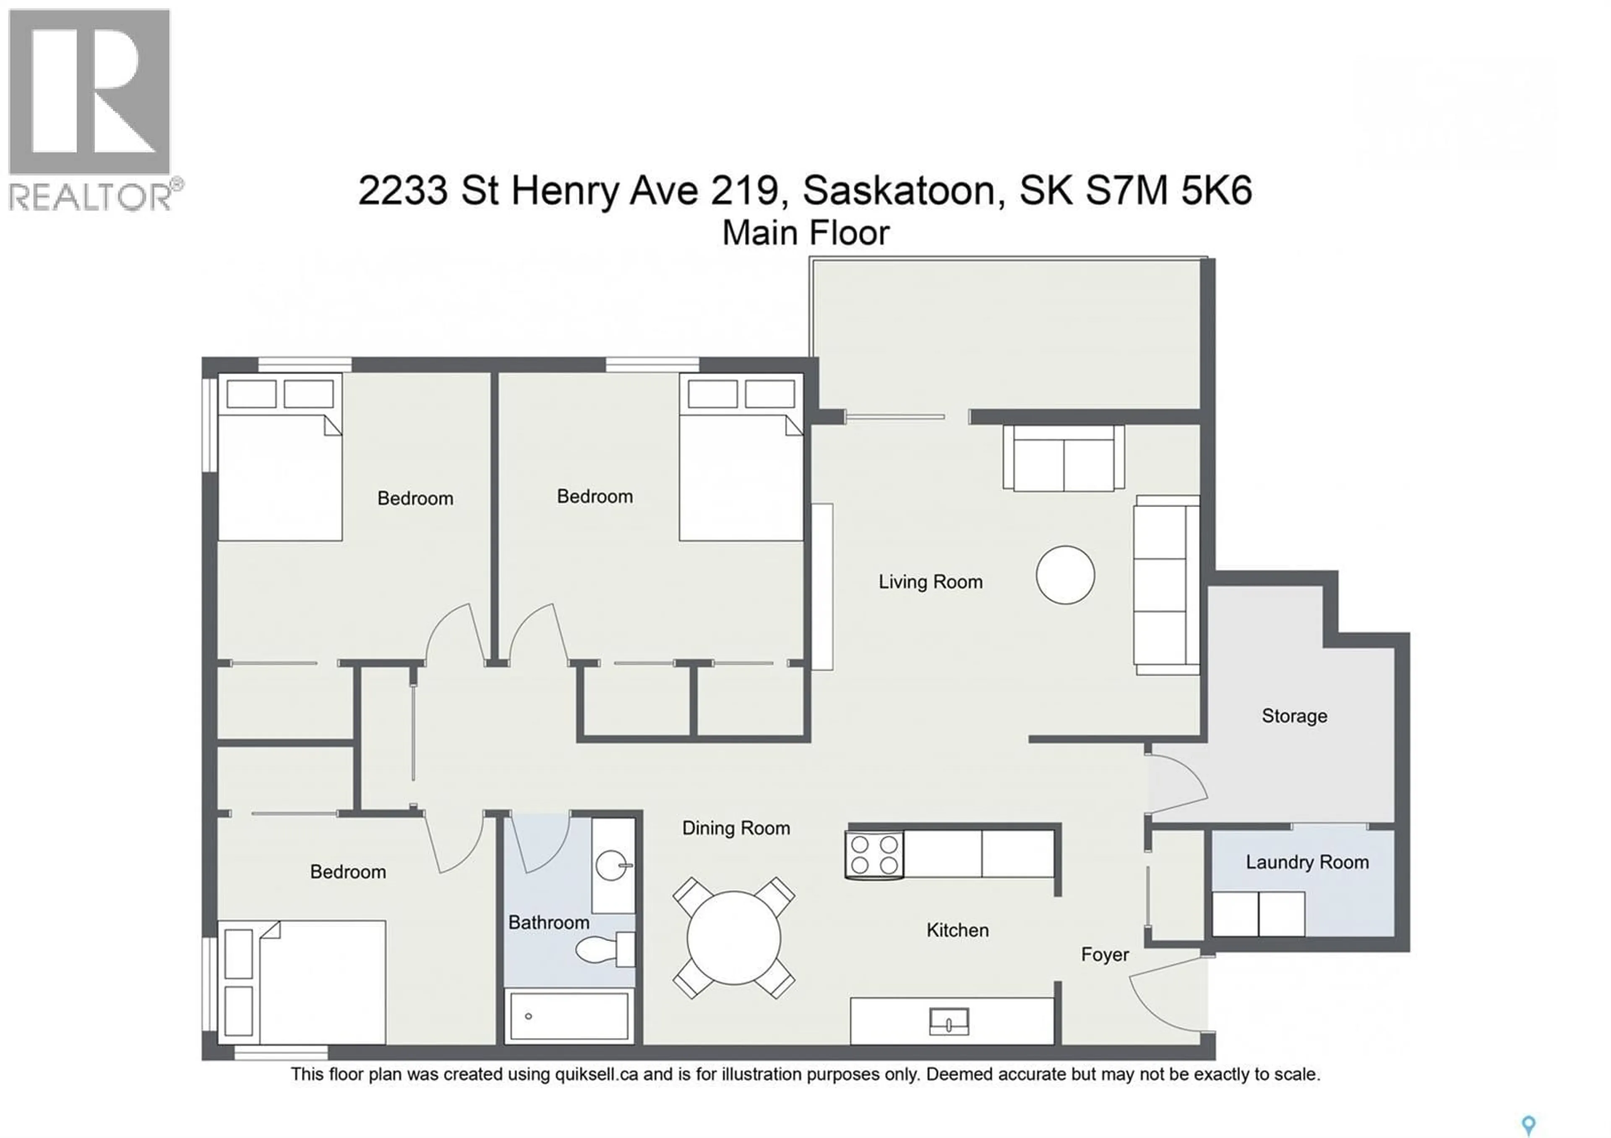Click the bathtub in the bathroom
pos(568,1015)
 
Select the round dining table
pos(733,937)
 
